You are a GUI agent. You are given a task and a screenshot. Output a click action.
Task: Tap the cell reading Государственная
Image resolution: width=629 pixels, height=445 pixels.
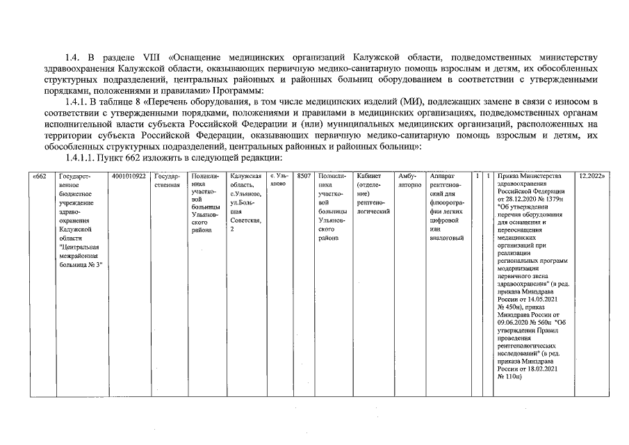168,181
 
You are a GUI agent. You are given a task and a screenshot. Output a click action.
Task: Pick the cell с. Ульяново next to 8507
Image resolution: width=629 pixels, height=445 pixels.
279,181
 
